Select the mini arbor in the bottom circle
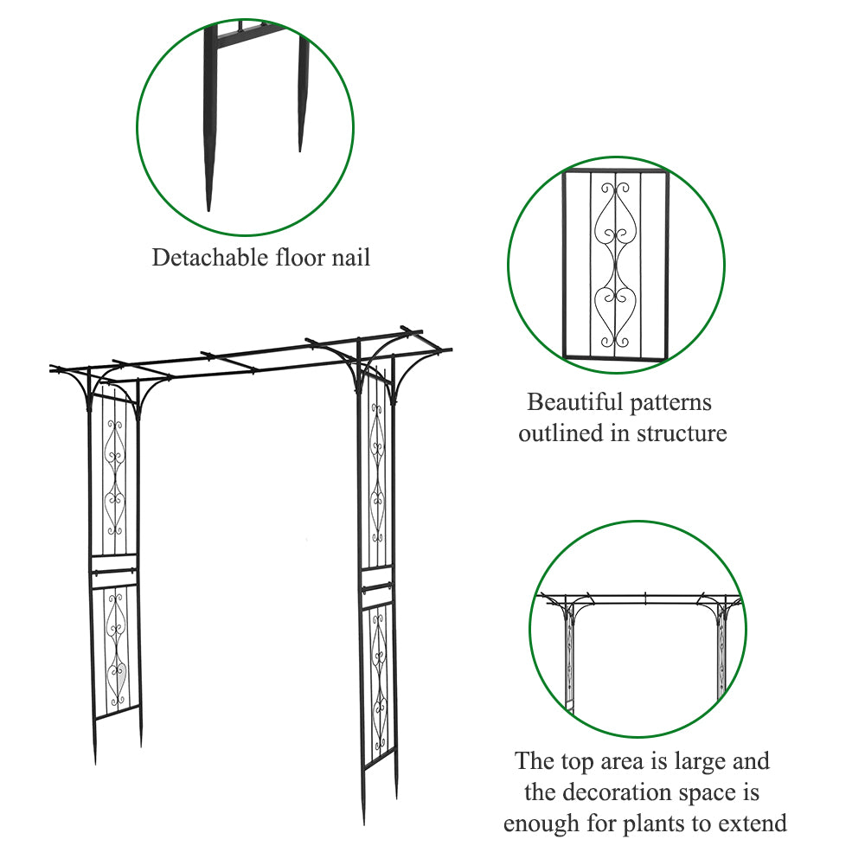pos(638,644)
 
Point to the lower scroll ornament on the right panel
pos(378,683)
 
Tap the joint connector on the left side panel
pos(112,570)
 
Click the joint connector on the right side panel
pos(377,589)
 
